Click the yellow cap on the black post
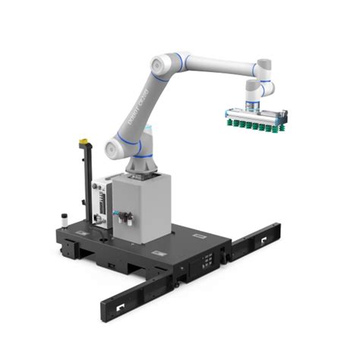[84, 141]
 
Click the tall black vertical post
[86, 182]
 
